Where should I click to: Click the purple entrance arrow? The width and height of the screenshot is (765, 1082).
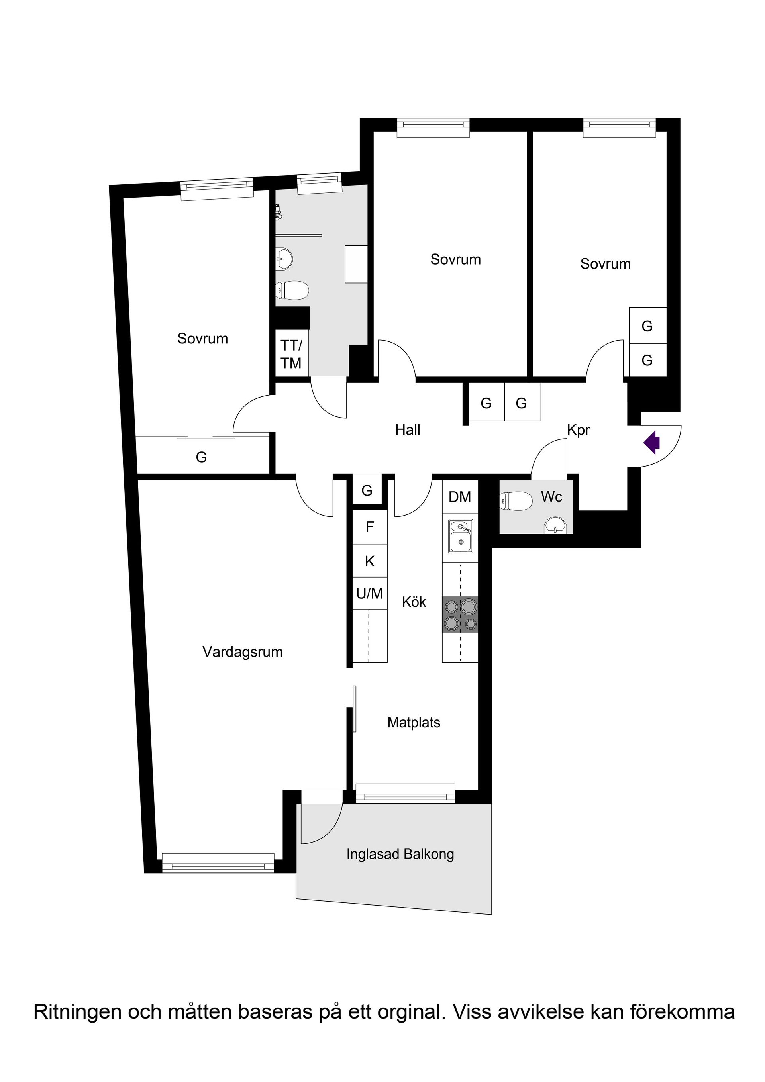click(x=652, y=443)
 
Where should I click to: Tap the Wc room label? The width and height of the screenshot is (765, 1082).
click(x=551, y=497)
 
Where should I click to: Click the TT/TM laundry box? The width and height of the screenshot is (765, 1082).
click(x=291, y=355)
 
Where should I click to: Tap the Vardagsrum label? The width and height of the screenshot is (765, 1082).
click(x=242, y=652)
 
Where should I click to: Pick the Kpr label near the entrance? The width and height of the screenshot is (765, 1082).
click(x=579, y=430)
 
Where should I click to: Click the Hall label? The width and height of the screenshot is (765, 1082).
click(x=407, y=430)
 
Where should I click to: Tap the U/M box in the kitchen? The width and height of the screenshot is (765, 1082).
click(x=369, y=594)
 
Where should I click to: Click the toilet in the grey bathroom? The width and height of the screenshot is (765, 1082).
click(x=291, y=290)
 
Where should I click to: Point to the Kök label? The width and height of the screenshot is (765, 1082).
click(x=414, y=602)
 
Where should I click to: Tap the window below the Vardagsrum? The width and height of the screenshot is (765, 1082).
click(x=218, y=862)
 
